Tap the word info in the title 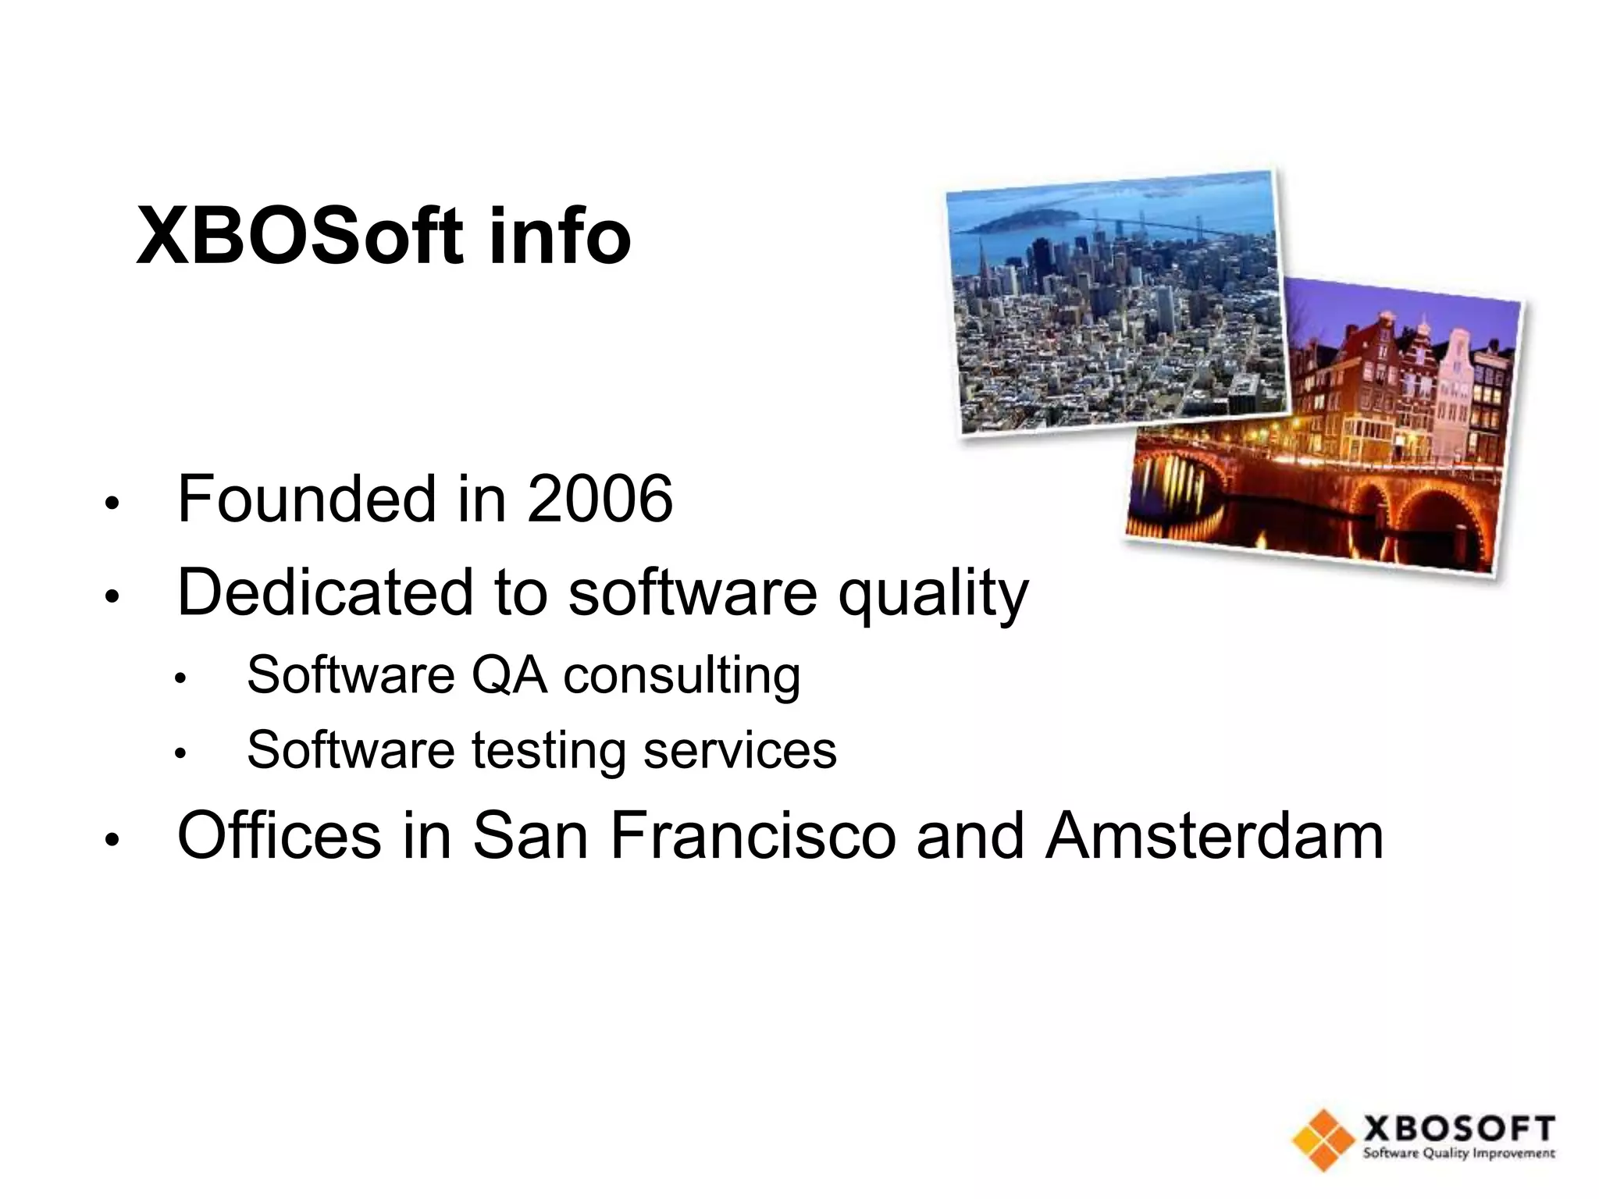pos(559,237)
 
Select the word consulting pos(682,676)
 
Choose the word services pos(739,750)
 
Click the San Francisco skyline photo pos(1113,301)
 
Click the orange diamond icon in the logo pos(1322,1140)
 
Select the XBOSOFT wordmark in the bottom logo pos(1458,1130)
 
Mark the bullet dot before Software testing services pos(180,754)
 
